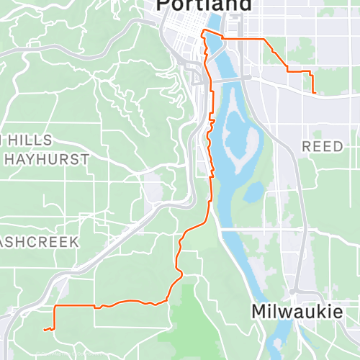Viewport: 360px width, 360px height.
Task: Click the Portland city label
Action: coord(204,5)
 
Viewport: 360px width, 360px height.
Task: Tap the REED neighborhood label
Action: coord(323,146)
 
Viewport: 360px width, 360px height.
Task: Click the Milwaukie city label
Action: coord(297,312)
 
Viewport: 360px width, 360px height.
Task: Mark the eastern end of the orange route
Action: coord(315,92)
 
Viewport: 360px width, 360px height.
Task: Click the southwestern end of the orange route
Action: coord(45,330)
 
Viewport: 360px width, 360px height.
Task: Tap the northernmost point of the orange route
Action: coord(204,30)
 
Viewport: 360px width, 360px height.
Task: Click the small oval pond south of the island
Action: coord(253,192)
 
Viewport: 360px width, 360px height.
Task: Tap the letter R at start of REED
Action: coord(306,146)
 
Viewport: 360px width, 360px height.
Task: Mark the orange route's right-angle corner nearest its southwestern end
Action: coord(55,307)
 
